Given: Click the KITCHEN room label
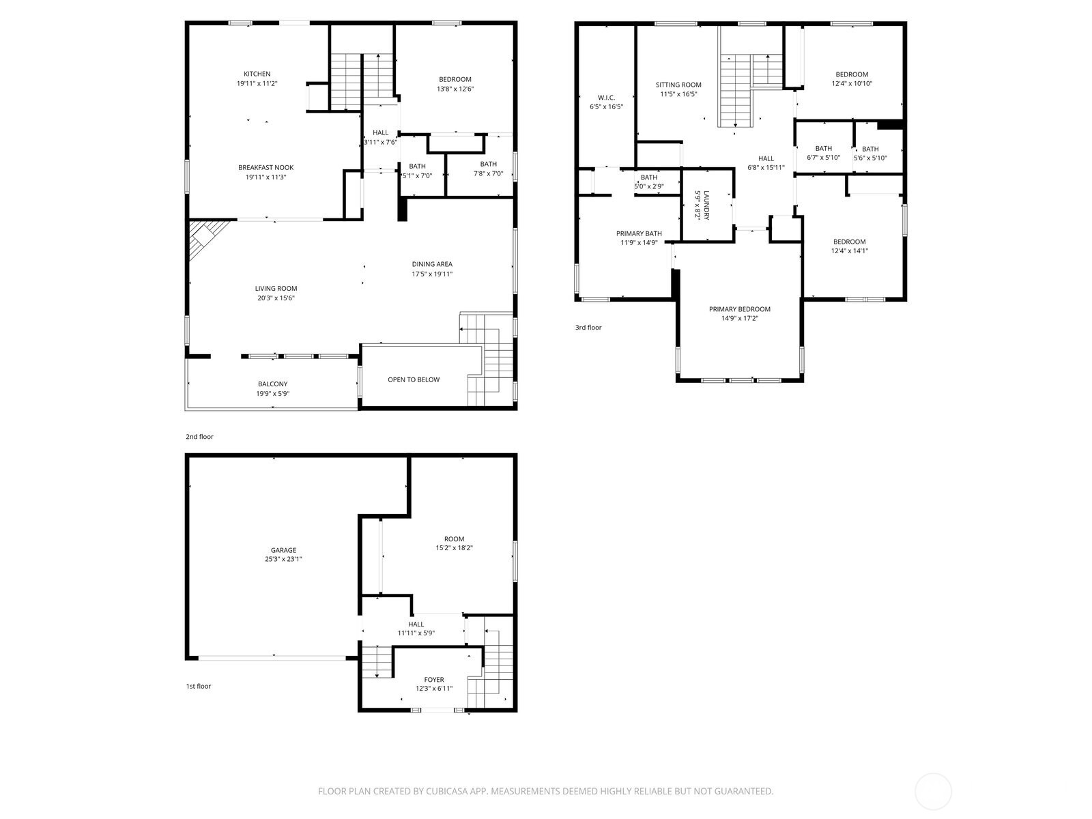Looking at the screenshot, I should pos(257,74).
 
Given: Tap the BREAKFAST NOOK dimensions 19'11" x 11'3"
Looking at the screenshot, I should pos(266,177).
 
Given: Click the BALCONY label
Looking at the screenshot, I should pos(272,384).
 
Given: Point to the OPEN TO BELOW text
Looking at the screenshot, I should pos(414,379).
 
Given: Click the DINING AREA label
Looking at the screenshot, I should pos(432,264).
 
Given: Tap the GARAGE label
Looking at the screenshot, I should pos(283,550).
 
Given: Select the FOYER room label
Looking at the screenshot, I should pos(434,680).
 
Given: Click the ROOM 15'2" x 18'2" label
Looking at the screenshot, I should pos(454,539).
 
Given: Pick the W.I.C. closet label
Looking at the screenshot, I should pos(606,98).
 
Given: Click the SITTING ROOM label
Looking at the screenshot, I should pos(678,85).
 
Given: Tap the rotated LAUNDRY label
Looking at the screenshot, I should pos(707,205).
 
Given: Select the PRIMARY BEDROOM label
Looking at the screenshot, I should pos(739,309).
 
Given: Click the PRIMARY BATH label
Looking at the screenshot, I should pos(639,233).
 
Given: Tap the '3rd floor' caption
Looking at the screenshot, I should pos(588,328).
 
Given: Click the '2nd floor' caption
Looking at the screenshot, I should pos(199,437).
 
